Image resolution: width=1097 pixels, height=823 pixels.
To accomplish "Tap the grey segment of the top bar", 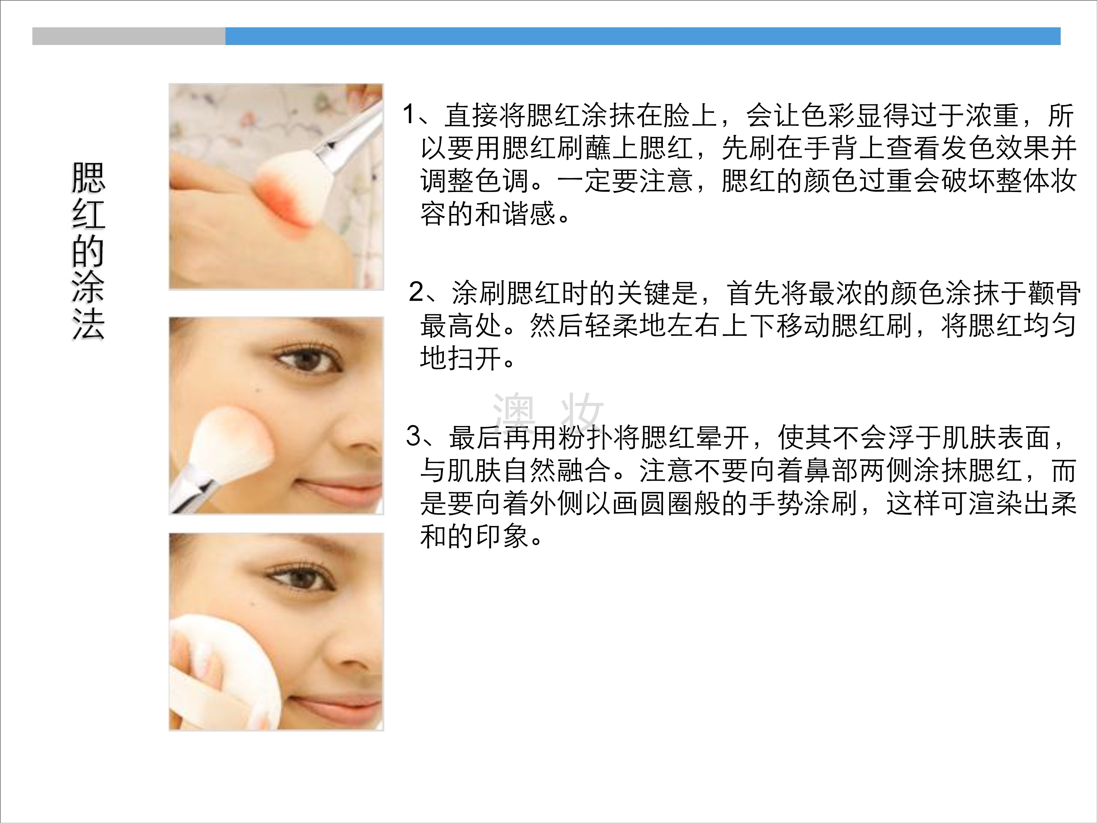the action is coord(129,36).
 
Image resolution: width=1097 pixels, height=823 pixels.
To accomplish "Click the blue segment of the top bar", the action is coord(643,36).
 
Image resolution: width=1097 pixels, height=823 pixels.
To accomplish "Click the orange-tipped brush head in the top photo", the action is coord(285,191).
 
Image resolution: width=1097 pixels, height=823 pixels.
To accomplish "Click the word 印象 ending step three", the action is coord(502,536).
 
